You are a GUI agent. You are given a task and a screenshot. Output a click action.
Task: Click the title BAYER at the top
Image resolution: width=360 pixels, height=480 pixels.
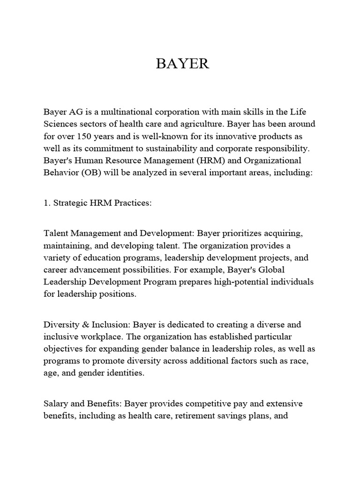coord(182,64)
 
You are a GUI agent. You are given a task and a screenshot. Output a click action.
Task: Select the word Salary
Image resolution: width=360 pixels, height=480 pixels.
coord(56,404)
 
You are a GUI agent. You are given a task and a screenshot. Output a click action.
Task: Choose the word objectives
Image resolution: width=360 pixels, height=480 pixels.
coord(63,349)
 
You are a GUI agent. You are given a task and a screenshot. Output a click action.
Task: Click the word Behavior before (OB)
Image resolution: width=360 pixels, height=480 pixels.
coord(60,173)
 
